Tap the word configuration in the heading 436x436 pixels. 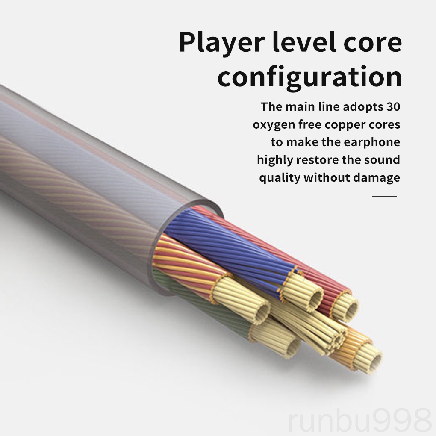[309, 77]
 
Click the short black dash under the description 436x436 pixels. [384, 197]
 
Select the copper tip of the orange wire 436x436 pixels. [368, 356]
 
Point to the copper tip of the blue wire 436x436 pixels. [304, 292]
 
